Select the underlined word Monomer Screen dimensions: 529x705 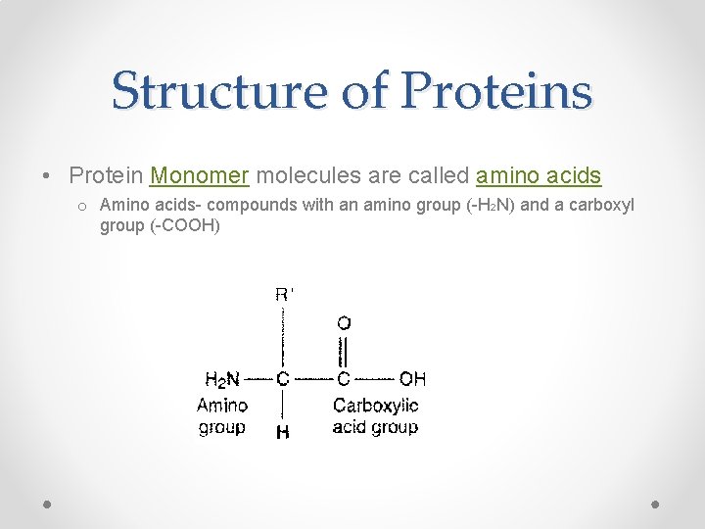[200, 175]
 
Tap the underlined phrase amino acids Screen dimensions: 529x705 [538, 175]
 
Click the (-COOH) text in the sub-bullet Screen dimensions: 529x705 [186, 226]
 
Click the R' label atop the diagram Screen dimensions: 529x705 [284, 294]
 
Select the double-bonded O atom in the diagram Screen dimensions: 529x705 [344, 322]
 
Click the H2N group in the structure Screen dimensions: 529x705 [222, 378]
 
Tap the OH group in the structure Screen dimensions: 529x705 [412, 378]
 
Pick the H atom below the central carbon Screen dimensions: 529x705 [283, 431]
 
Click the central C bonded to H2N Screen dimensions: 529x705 [283, 378]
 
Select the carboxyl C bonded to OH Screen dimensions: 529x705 [344, 378]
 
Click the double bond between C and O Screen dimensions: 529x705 [344, 351]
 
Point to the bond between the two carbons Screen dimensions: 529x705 [313, 378]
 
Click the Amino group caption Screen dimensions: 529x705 [222, 416]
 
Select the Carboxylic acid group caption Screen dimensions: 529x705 [375, 416]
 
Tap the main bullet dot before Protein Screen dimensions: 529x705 [47, 176]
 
